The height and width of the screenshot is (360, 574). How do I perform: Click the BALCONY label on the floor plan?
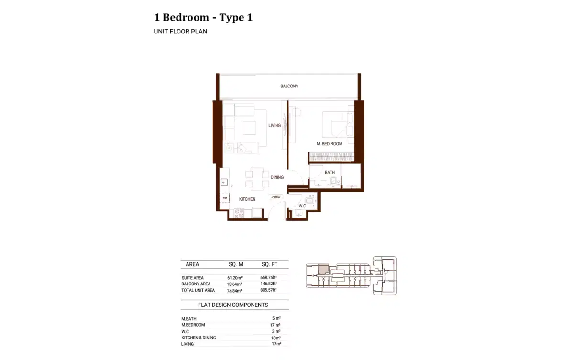pos(289,86)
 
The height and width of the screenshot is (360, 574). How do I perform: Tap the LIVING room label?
pos(275,126)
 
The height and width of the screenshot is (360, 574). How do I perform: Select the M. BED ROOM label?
pos(329,144)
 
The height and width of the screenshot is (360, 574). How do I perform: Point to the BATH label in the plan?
pos(330,172)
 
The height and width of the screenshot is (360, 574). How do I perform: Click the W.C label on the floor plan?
pos(302,206)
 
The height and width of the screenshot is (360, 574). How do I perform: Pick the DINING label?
pos(277,177)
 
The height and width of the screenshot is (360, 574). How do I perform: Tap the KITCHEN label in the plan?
pos(247,199)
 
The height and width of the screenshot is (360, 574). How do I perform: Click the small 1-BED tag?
pos(276,196)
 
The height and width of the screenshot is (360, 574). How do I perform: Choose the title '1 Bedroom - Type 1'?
pos(203,18)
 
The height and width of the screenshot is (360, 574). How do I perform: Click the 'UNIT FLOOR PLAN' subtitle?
pos(180,32)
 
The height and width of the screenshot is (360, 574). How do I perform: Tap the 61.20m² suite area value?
pos(235,278)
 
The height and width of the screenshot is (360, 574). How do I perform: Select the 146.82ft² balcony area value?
pos(269,284)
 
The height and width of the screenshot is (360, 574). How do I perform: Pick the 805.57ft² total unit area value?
pos(269,290)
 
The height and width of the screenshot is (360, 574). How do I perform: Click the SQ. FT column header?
pos(269,264)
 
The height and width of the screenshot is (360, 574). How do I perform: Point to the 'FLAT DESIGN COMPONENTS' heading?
pos(233,305)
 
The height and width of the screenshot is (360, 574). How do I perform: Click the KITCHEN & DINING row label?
pos(199,338)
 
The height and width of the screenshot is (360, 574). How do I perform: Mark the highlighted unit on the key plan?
pos(323,269)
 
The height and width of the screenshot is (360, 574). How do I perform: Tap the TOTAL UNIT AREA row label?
pos(198,290)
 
